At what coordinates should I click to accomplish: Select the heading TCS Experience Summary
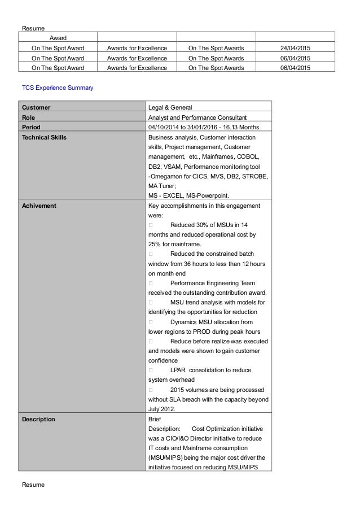pyautogui.click(x=58, y=89)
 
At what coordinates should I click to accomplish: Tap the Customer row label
pyautogui.click(x=36, y=107)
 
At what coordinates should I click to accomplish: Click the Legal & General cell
pyautogui.click(x=169, y=107)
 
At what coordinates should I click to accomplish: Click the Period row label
pyautogui.click(x=31, y=127)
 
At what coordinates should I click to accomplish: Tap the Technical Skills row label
pyautogui.click(x=44, y=137)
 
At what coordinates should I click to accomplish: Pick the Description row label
pyautogui.click(x=38, y=420)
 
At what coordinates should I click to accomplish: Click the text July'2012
pyautogui.click(x=162, y=409)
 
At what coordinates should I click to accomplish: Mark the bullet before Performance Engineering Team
pyautogui.click(x=150, y=282)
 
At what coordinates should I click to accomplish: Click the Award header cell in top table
pyautogui.click(x=58, y=37)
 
